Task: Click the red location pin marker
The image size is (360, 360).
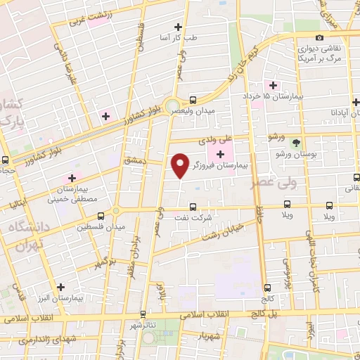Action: (180, 165)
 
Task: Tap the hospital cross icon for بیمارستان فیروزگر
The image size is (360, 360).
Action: (222, 153)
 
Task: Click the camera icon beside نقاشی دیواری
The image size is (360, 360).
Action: (320, 37)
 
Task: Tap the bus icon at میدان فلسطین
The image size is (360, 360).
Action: (101, 215)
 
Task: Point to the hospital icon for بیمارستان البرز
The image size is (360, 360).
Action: (61, 287)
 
